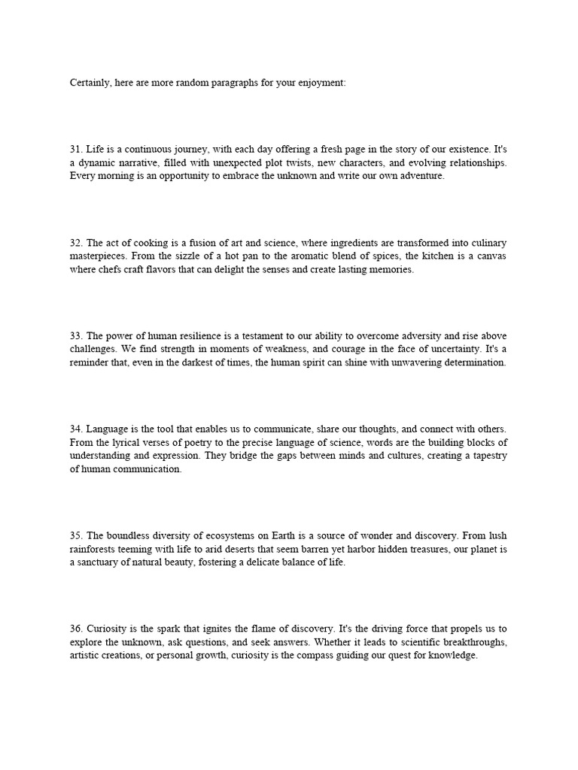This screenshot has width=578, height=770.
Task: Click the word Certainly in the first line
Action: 89,83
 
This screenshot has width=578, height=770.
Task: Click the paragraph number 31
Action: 76,149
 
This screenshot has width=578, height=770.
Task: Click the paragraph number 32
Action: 76,243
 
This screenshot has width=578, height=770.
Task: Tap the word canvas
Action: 490,256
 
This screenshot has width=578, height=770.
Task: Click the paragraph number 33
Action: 76,336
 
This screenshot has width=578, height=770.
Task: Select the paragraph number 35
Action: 76,536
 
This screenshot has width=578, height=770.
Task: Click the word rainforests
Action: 96,550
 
